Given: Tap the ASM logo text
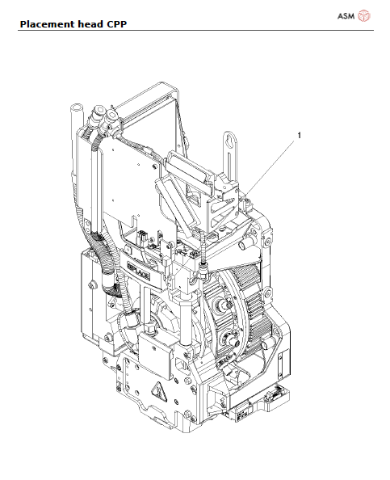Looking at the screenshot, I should click(346, 15).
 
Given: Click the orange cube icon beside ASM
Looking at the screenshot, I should click(364, 15).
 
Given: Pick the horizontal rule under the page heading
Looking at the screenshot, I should click(195, 31).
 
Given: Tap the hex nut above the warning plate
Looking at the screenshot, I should click(149, 331).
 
